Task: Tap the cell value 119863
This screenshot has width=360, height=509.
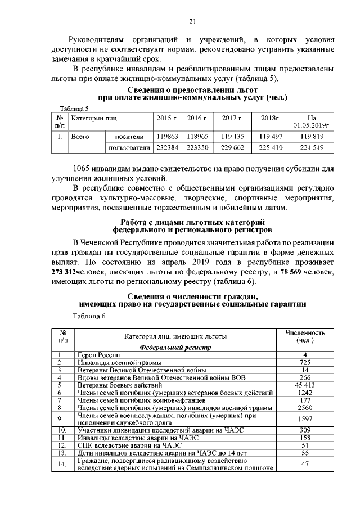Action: pyautogui.click(x=167, y=136)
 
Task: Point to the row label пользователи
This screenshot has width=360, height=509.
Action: pyautogui.click(x=129, y=148)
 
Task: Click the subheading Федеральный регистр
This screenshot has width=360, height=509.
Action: pyautogui.click(x=174, y=348)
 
